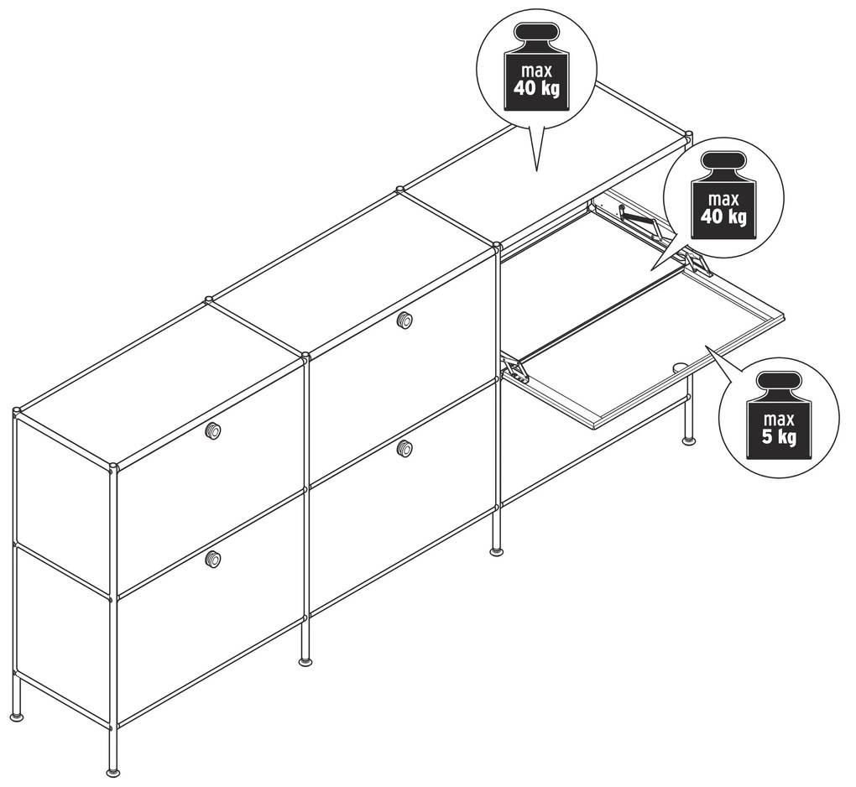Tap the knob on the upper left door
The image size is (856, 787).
tap(213, 431)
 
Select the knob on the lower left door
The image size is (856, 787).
tap(213, 559)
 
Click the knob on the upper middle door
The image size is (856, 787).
tap(405, 320)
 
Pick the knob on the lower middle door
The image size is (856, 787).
tap(405, 449)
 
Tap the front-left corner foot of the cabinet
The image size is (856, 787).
tap(113, 772)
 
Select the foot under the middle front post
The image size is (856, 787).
tap(306, 661)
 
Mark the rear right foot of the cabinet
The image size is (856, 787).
tap(689, 440)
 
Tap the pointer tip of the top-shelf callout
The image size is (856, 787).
tap(537, 171)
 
